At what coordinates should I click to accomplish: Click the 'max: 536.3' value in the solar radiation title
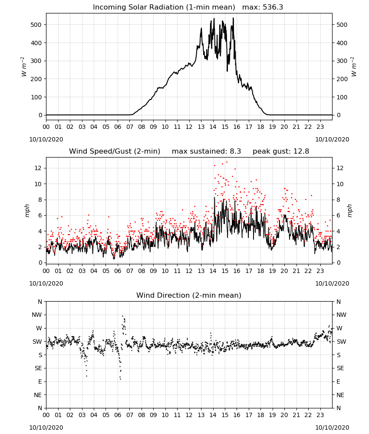263,7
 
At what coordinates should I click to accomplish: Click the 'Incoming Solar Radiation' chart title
138,7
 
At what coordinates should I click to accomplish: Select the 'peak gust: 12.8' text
281,151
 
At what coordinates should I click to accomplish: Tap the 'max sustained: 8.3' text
206,151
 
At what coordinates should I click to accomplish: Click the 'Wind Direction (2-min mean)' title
189,295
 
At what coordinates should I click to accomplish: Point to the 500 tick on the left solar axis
36,25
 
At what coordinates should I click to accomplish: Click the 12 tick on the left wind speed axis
38,168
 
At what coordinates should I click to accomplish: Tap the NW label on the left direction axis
37,315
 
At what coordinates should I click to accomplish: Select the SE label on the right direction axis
340,368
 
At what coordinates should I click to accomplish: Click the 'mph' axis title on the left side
27,210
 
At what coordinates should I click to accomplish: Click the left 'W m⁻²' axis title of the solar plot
23,67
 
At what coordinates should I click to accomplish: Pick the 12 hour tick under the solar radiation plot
189,127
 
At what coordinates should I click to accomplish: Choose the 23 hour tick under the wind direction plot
320,414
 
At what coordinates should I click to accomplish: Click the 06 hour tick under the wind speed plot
118,271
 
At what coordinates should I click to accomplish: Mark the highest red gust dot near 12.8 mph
227,162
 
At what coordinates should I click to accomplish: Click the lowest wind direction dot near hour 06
120,379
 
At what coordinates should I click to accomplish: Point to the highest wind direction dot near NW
122,316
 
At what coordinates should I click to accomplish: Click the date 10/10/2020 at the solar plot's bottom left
46,139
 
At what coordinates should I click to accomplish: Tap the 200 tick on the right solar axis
342,79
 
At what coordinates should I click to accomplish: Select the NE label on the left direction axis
38,395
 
